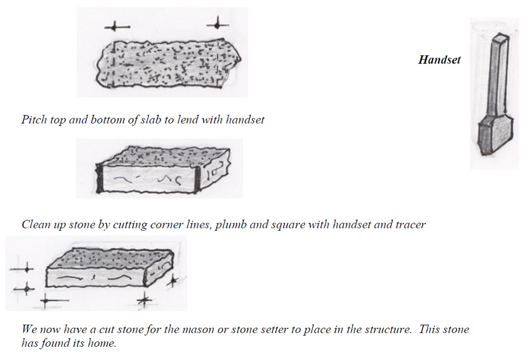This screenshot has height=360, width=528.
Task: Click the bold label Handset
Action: [x=439, y=60]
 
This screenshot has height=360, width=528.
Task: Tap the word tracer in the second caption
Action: [x=410, y=224]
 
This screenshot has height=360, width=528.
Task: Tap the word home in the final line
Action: [x=103, y=343]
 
